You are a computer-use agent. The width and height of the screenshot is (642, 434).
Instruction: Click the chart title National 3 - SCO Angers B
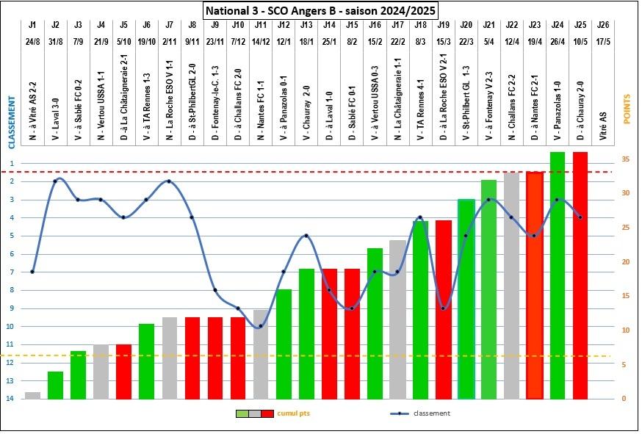point(320,10)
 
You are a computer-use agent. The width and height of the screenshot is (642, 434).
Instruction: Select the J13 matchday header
point(306,25)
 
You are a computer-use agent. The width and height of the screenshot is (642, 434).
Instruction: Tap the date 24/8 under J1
point(32,39)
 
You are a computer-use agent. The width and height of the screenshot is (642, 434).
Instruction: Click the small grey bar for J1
point(32,395)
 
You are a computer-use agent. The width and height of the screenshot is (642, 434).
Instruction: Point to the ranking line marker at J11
point(261,326)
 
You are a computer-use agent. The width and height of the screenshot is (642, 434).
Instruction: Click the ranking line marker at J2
point(55,181)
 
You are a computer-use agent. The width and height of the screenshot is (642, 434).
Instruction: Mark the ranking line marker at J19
point(443,308)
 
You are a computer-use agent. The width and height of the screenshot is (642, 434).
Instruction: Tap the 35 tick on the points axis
point(624,159)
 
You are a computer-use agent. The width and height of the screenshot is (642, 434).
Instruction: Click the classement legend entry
point(434,413)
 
